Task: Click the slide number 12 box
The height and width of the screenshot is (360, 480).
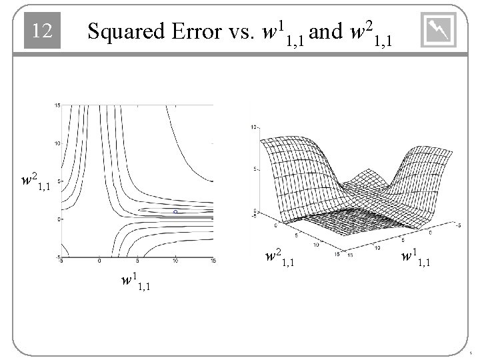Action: pyautogui.click(x=43, y=31)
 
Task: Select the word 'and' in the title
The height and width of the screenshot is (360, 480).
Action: pyautogui.click(x=326, y=31)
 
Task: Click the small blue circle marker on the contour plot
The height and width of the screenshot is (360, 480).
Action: pyautogui.click(x=175, y=211)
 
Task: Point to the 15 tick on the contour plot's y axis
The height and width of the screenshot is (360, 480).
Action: pyautogui.click(x=57, y=105)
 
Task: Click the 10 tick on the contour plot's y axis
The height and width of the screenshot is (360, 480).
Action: pyautogui.click(x=57, y=143)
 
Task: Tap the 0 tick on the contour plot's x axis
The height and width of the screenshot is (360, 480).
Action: pyautogui.click(x=99, y=261)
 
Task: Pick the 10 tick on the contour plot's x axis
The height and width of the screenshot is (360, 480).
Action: pyautogui.click(x=175, y=261)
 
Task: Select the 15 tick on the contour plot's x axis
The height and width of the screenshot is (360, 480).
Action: pyautogui.click(x=213, y=261)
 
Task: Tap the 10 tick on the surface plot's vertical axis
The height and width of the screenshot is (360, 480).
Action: pyautogui.click(x=252, y=127)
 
